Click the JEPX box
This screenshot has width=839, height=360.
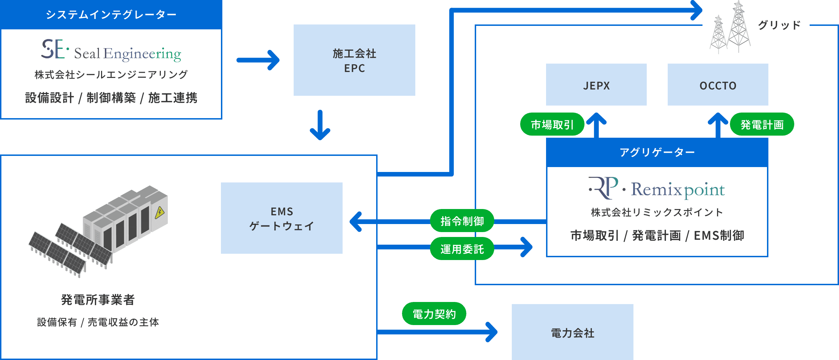click(596, 85)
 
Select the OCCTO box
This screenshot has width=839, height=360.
click(718, 85)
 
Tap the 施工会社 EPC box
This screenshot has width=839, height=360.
click(354, 60)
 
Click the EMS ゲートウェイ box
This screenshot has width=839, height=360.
click(281, 218)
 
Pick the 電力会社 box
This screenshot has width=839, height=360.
click(572, 332)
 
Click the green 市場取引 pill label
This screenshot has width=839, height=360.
click(552, 124)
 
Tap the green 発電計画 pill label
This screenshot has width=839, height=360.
click(762, 124)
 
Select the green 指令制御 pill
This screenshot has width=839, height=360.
click(462, 221)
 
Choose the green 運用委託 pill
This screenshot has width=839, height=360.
click(462, 249)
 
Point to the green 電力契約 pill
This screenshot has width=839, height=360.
click(434, 314)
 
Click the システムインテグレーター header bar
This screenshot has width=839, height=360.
click(111, 14)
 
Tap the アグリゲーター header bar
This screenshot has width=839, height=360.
click(657, 152)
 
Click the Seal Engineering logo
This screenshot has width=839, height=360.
click(111, 51)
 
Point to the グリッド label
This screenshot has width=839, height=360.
click(779, 25)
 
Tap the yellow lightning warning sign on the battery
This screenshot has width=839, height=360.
click(160, 212)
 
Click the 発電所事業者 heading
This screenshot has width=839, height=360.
click(98, 300)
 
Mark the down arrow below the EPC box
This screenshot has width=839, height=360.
click(320, 125)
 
